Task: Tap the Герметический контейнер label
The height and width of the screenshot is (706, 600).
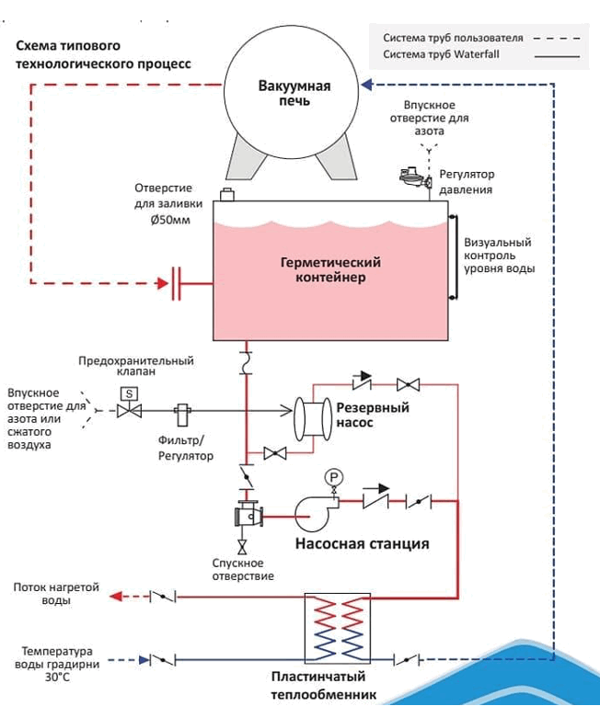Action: (330, 269)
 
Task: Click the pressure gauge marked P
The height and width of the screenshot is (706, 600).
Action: (333, 477)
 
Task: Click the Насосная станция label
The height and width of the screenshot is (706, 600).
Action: (362, 543)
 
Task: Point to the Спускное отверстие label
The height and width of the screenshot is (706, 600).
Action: (237, 570)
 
